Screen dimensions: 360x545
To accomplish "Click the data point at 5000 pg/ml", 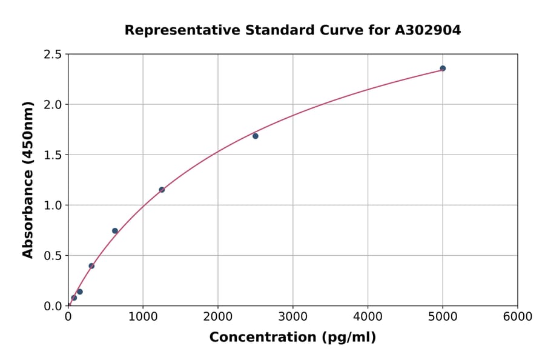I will [x=443, y=68].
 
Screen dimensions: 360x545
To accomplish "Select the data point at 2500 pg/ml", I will [x=256, y=136].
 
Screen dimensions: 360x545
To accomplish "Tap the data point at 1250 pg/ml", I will [x=162, y=190].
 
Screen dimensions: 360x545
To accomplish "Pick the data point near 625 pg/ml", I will [x=115, y=231].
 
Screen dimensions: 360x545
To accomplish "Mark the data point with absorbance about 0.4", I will [x=91, y=266].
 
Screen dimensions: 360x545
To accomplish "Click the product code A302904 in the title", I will [x=428, y=30].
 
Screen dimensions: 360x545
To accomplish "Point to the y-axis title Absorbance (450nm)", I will [x=28, y=180].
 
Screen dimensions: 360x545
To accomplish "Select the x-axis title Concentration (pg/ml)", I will [x=292, y=338].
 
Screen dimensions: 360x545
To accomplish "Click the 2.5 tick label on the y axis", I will [x=53, y=55].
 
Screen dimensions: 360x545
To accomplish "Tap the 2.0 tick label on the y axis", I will [x=53, y=105].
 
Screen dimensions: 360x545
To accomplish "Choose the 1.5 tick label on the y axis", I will [x=53, y=155].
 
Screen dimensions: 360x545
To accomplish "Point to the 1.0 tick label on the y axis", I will [x=53, y=205].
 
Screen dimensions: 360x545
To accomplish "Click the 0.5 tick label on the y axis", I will [x=53, y=256].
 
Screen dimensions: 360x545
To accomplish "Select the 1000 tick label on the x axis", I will [x=143, y=317].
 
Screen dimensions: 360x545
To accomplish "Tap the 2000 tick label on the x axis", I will [x=218, y=317].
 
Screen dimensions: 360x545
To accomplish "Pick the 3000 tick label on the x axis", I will [x=292, y=317].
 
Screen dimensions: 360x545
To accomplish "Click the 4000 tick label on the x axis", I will [x=368, y=317].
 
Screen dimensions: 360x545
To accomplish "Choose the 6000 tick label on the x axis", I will [x=517, y=317].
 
